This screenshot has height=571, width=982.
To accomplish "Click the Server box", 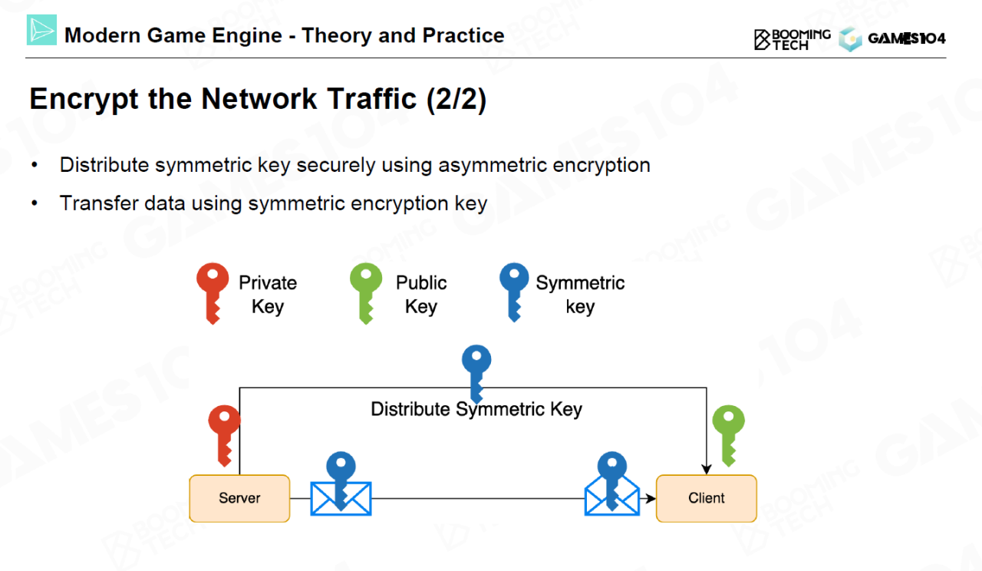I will pyautogui.click(x=239, y=498).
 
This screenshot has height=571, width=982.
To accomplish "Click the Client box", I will pyautogui.click(x=706, y=498).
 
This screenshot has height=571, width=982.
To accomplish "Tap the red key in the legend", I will pyautogui.click(x=213, y=292).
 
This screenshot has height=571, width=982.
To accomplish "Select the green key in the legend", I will pyautogui.click(x=366, y=292).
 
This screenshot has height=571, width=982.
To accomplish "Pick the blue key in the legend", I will pyautogui.click(x=514, y=292).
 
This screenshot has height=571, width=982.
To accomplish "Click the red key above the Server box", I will pyautogui.click(x=224, y=434).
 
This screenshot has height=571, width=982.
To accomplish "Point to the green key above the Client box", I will pyautogui.click(x=728, y=434).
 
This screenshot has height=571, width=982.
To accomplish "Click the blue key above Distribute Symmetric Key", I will pyautogui.click(x=476, y=372).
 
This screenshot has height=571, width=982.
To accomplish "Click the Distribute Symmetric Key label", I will pyautogui.click(x=476, y=409).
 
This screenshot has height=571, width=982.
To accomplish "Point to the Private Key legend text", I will pyautogui.click(x=268, y=295).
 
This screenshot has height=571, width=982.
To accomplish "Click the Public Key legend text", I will pyautogui.click(x=421, y=295).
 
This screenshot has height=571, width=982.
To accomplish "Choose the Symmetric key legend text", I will pyautogui.click(x=580, y=295).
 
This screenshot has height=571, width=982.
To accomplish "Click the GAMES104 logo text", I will pyautogui.click(x=906, y=38).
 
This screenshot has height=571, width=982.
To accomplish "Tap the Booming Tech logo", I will pyautogui.click(x=792, y=39).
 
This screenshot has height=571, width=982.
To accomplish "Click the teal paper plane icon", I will pyautogui.click(x=41, y=30).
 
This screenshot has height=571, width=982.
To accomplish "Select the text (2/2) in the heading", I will pyautogui.click(x=456, y=100).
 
